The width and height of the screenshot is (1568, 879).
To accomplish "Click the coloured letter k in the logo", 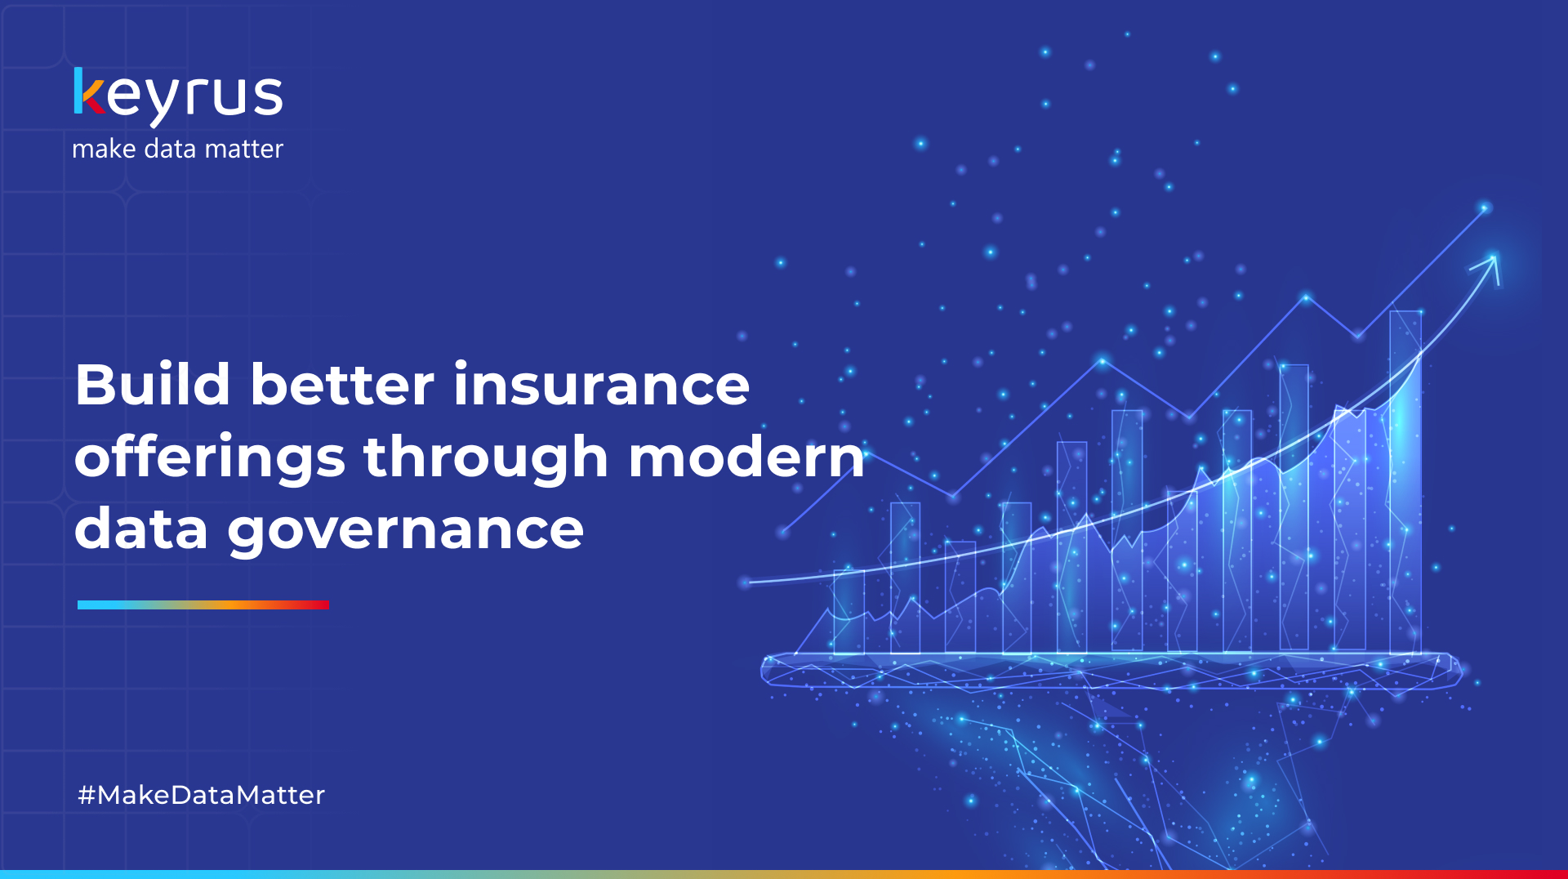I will coord(88,91).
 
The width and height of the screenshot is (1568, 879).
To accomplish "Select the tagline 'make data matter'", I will coord(177,149).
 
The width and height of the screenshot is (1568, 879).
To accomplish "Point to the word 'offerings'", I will coord(210,457).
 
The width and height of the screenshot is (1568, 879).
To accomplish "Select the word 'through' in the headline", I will coord(486,457).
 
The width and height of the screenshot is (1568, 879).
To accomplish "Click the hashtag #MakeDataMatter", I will coord(201,795).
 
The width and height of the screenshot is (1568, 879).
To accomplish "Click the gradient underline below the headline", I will coord(203,605).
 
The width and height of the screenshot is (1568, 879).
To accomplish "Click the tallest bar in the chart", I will coord(1405,482).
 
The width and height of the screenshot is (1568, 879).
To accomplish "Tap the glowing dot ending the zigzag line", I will coord(1486,208).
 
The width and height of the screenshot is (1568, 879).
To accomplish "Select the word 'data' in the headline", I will coord(141,529).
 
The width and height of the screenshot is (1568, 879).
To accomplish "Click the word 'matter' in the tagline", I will coord(243,149).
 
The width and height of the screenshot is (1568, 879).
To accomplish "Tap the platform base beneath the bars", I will coord(1111,670).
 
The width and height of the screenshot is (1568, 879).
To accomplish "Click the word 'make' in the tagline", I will coord(104,149).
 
